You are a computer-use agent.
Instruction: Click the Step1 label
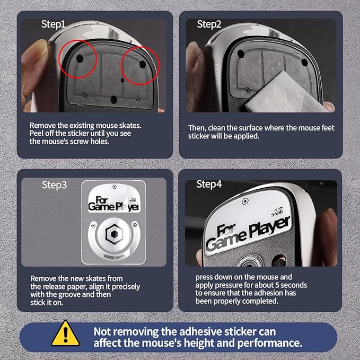coord(53,24)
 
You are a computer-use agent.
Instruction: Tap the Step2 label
coord(209,24)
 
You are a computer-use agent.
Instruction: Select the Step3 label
coord(55,185)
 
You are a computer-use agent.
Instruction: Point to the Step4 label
coord(209,184)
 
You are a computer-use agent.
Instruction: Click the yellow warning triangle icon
coord(66,333)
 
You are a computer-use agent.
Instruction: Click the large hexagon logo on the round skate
coord(115,234)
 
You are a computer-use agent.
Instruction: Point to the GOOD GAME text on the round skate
coord(115,257)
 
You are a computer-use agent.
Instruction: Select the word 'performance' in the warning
coord(269,344)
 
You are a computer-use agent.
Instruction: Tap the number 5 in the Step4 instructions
coord(277,285)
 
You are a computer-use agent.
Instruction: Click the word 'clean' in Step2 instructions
coord(217,128)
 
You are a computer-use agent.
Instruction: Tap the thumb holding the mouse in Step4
coord(328,236)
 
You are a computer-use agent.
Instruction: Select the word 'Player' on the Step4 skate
coord(270,227)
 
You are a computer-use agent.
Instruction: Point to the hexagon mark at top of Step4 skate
coord(245,201)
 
